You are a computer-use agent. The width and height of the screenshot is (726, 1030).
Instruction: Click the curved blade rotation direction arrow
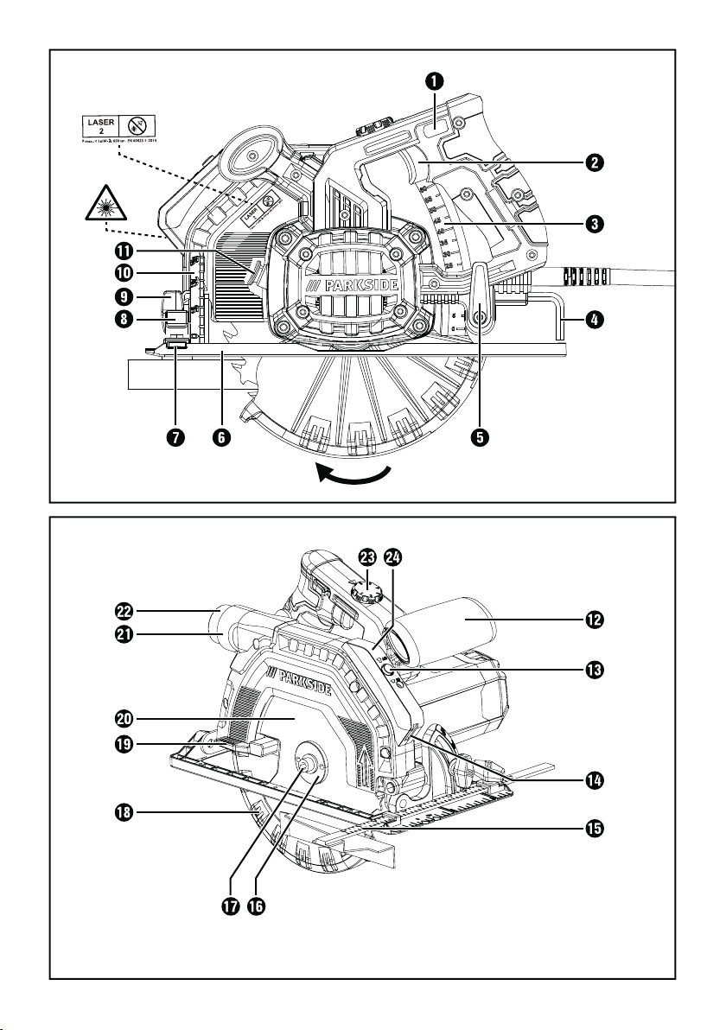[352, 474]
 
